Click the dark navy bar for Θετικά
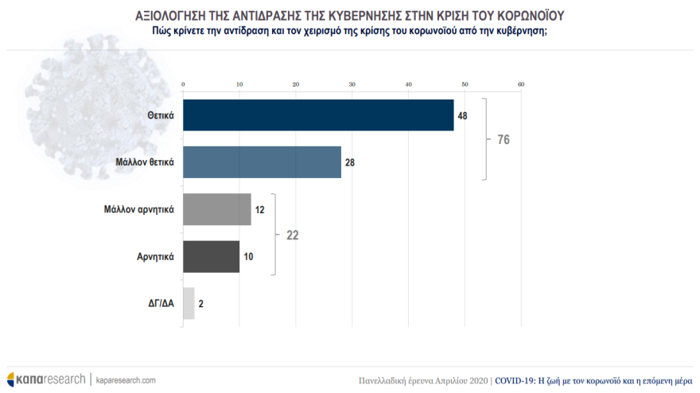318,115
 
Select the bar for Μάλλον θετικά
262,162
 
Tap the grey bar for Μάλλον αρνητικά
217,209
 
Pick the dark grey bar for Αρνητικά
212,256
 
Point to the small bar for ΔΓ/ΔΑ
189,303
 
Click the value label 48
462,115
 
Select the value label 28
350,162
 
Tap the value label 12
260,209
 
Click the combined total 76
503,139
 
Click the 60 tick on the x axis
521,84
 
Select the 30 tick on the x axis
352,84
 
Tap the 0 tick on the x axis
184,84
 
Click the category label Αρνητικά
154,256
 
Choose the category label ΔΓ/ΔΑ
159,303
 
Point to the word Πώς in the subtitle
163,31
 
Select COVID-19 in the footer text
515,380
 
